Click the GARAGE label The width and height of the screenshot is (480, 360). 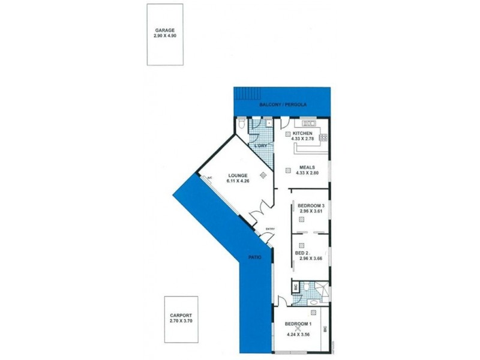[x=164, y=31]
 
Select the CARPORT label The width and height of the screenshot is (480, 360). [x=181, y=314]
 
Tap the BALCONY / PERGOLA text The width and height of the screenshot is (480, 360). [x=283, y=105]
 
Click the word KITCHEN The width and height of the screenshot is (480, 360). [x=302, y=133]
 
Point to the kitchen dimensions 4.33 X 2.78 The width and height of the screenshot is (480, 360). [x=304, y=139]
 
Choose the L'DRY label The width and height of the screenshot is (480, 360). [x=260, y=146]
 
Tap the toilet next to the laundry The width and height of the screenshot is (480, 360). [x=240, y=124]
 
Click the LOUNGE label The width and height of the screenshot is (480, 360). [x=237, y=175]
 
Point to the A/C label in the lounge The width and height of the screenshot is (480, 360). [x=210, y=178]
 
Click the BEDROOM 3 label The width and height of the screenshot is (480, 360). [x=311, y=206]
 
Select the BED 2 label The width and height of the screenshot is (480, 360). [x=302, y=253]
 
